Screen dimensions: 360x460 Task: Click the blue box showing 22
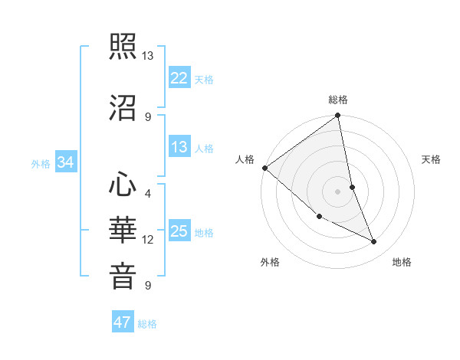179,77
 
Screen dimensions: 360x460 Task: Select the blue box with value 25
179,231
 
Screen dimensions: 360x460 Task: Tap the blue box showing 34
66,162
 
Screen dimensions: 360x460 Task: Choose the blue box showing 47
123,322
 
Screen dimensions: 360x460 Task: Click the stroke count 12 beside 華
148,240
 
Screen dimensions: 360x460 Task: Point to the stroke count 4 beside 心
148,194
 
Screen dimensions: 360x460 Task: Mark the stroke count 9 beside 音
148,286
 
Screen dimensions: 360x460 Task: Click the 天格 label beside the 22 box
204,79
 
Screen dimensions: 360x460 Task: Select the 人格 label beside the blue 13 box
204,148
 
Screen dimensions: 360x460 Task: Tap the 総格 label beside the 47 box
147,324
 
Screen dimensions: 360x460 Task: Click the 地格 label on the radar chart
402,262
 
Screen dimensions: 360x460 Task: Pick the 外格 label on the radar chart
270,262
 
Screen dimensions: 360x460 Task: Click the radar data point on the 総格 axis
337,116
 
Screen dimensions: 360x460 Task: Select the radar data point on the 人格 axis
264,168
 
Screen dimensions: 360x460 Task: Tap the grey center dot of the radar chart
337,191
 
